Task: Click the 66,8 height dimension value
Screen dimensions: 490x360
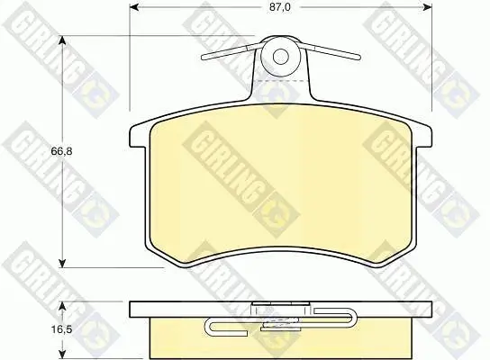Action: [61, 151]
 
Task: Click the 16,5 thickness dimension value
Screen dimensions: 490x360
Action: [62, 328]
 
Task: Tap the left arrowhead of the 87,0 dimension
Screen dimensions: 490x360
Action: [134, 7]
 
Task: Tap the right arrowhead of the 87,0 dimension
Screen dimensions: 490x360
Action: [427, 7]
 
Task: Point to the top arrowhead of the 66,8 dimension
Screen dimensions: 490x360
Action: [62, 40]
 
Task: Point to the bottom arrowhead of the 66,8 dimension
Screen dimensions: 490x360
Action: [62, 263]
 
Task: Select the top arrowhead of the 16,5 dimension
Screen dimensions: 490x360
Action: [63, 306]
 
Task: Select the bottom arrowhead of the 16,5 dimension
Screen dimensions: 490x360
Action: [63, 354]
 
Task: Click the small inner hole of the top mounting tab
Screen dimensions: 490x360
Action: [280, 57]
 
